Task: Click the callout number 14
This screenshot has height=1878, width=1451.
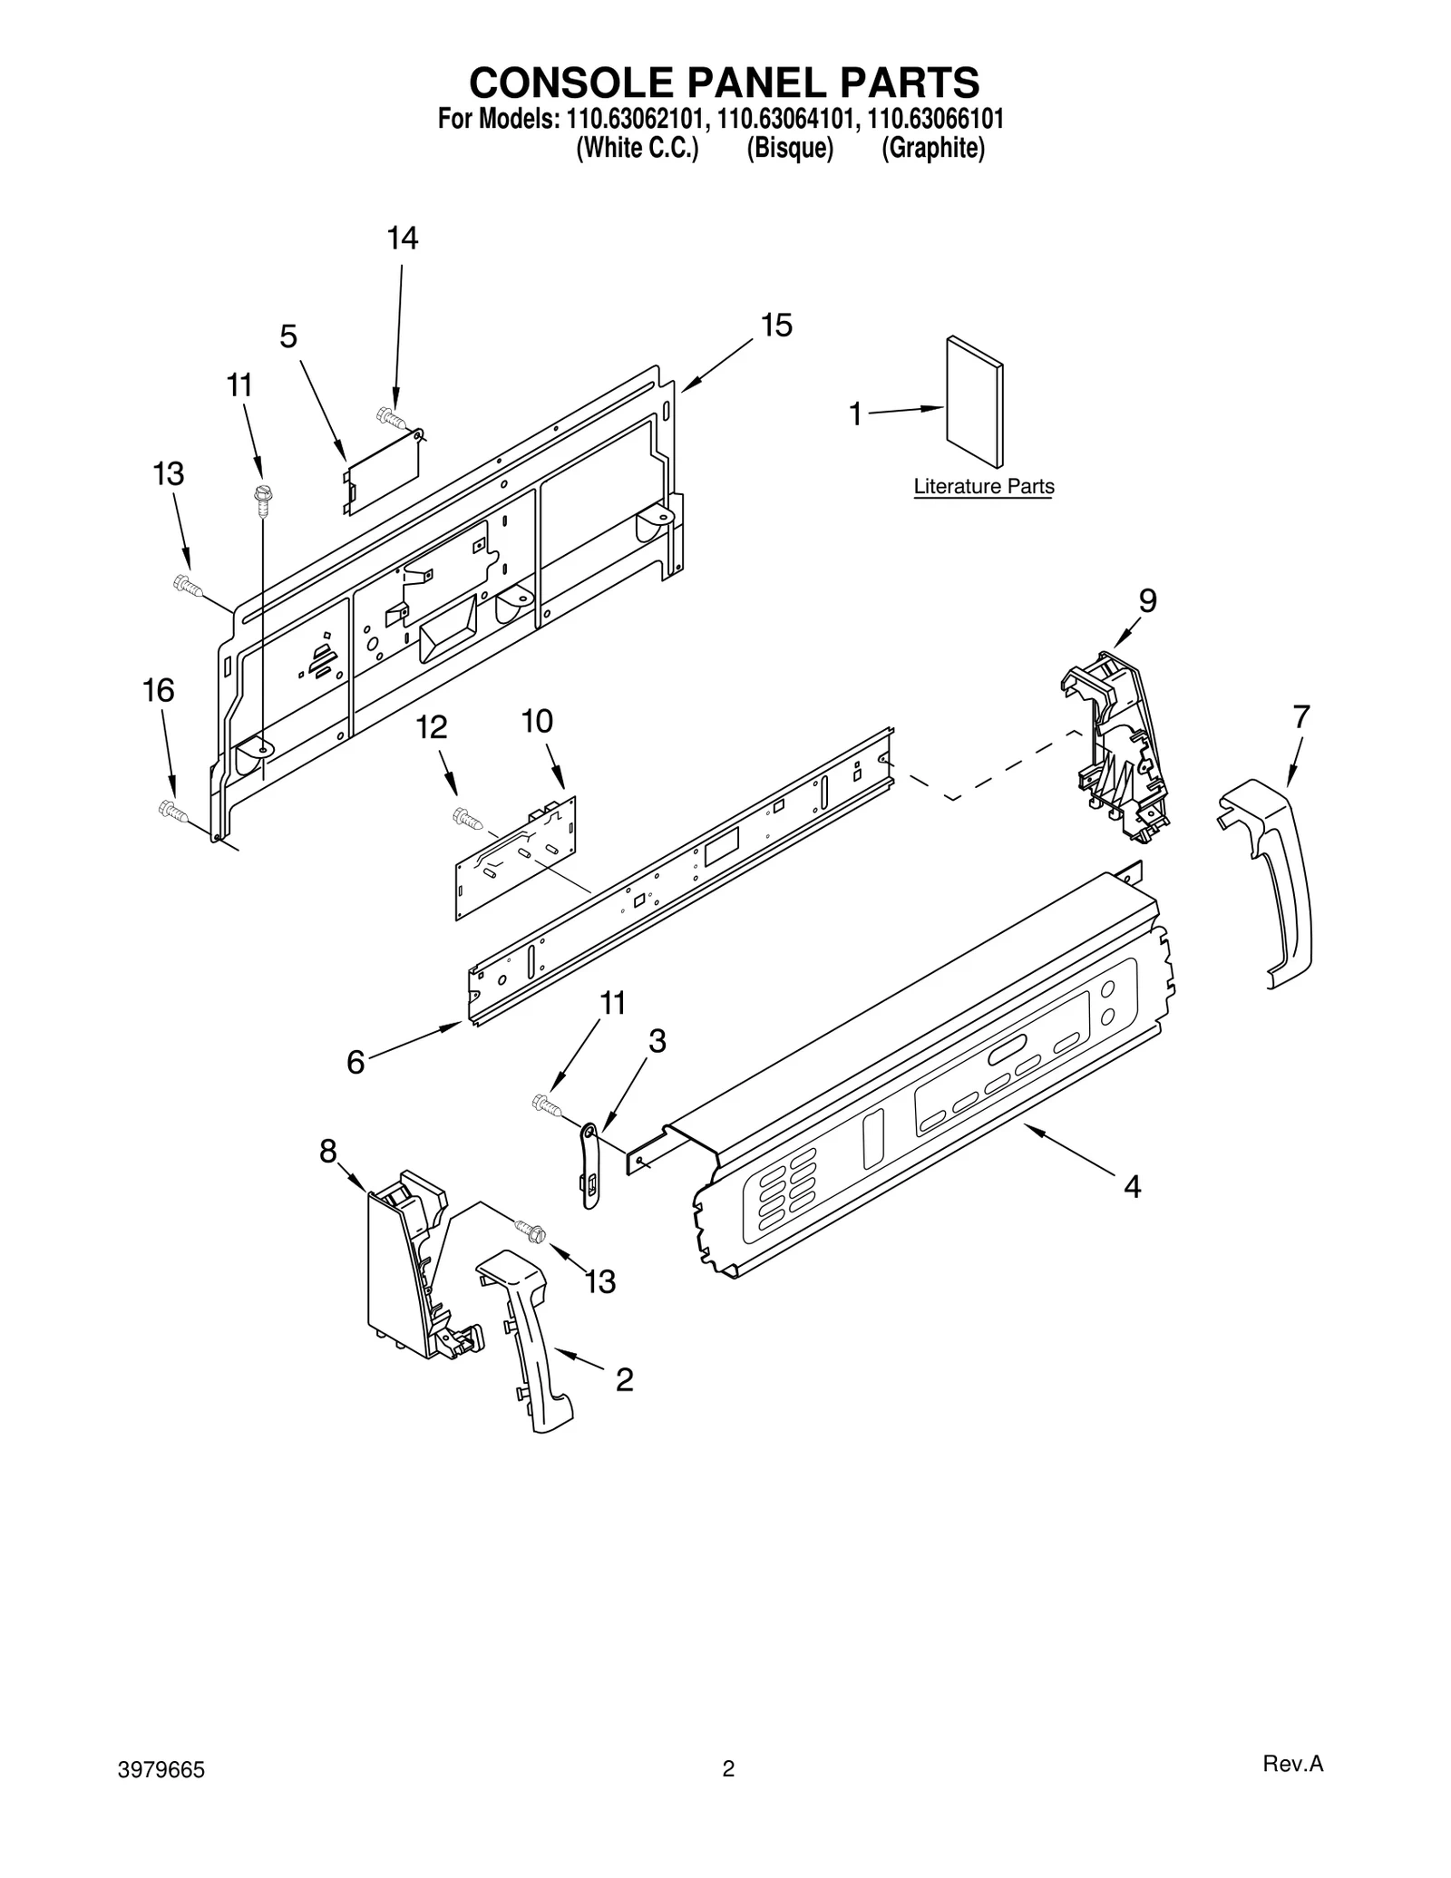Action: click(x=403, y=238)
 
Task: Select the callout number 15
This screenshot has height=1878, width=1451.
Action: click(x=776, y=326)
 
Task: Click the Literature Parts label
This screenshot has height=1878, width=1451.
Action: click(x=983, y=487)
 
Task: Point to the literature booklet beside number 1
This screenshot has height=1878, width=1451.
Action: click(x=973, y=402)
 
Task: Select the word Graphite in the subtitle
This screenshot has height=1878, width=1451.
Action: click(x=933, y=149)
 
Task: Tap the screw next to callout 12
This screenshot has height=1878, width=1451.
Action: click(x=467, y=819)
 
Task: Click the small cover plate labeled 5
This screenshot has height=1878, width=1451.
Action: click(x=382, y=471)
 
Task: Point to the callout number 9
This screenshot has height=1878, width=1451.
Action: click(x=1147, y=600)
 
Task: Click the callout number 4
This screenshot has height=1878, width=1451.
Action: click(x=1132, y=1186)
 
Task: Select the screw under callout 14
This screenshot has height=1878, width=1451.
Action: click(x=390, y=417)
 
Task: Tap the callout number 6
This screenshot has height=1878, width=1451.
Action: click(x=355, y=1062)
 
